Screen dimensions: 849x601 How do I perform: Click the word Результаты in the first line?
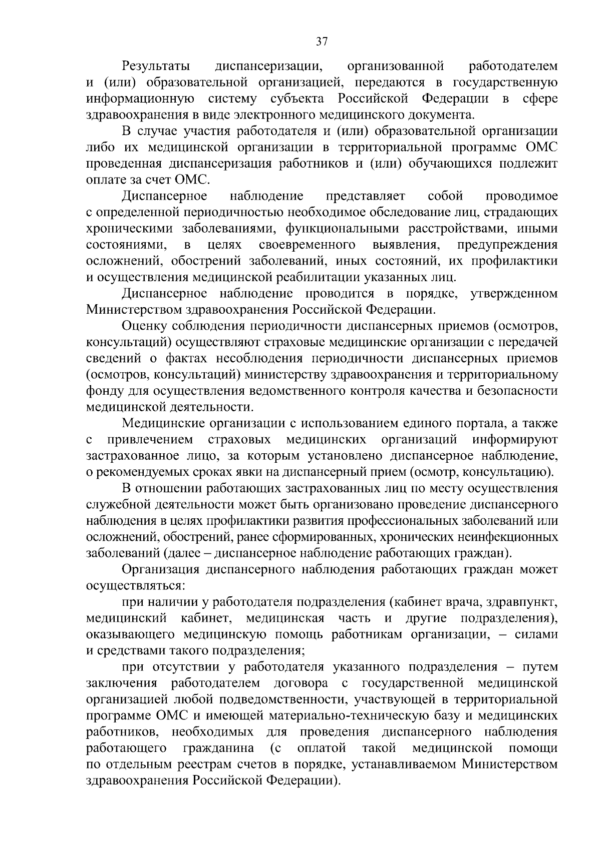click(x=156, y=66)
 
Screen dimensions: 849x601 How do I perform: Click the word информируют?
click(x=515, y=440)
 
